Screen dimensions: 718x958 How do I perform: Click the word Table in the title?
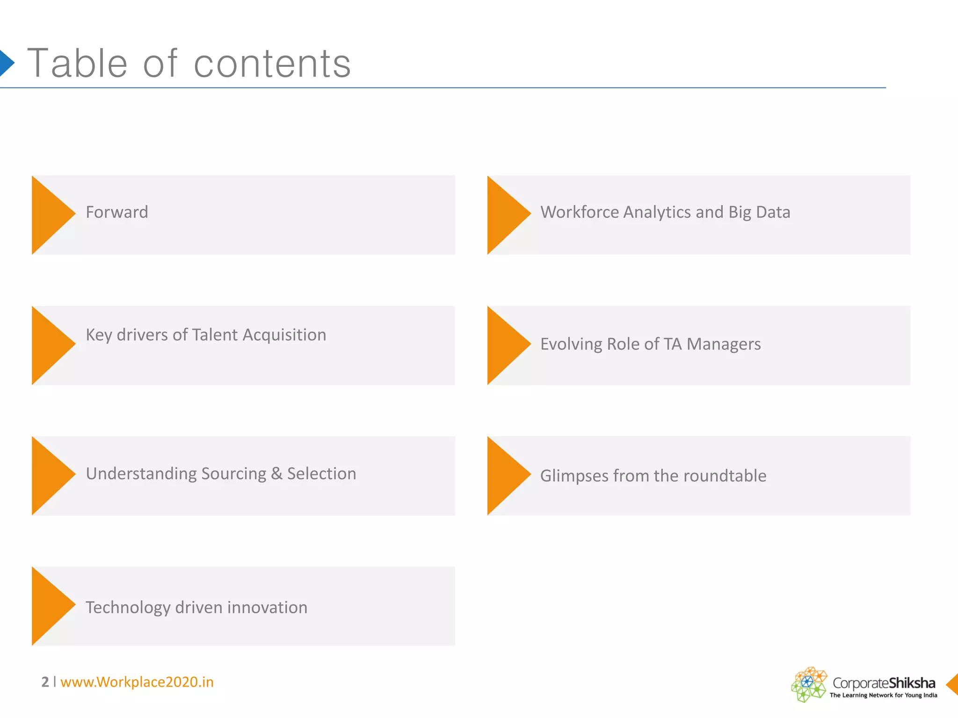click(x=78, y=64)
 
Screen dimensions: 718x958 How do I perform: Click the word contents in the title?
click(x=272, y=65)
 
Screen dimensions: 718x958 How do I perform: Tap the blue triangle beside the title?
click(x=6, y=63)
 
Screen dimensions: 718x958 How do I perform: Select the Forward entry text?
click(x=117, y=212)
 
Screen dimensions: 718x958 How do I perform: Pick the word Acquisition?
click(x=284, y=335)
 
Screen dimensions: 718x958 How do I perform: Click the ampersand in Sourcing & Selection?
click(x=277, y=474)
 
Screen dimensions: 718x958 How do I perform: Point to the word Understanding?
click(x=141, y=474)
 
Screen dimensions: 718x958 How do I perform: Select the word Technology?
click(x=128, y=608)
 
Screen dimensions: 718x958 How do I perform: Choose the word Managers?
click(x=724, y=344)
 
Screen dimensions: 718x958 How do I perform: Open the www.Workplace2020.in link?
click(x=137, y=682)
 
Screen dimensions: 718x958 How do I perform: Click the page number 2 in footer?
click(x=45, y=682)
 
